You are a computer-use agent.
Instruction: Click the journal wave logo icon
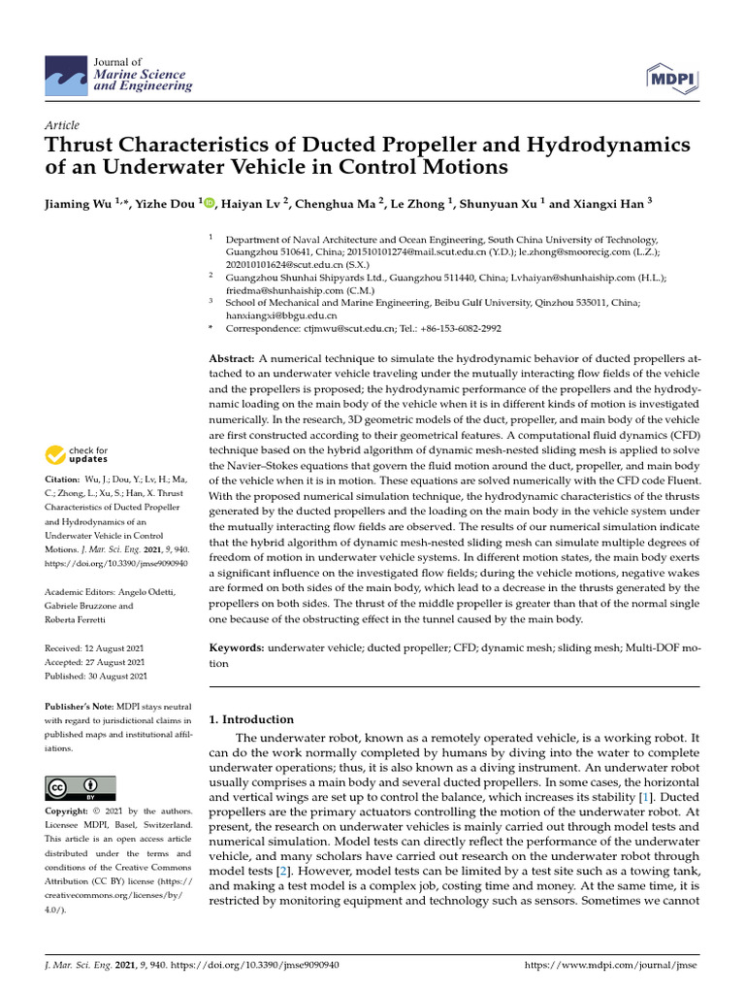tap(65, 76)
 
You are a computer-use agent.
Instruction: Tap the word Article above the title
tap(62, 125)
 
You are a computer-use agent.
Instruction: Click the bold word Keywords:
tap(237, 646)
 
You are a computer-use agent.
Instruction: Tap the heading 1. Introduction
tap(251, 719)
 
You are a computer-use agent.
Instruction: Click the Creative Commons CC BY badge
tap(81, 787)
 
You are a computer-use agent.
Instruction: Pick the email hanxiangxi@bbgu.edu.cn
tap(281, 315)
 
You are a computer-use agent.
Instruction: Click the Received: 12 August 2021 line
tap(96, 647)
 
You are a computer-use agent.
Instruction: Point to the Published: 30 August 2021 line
tap(96, 676)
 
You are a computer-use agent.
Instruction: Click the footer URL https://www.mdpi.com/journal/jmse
tap(610, 966)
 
